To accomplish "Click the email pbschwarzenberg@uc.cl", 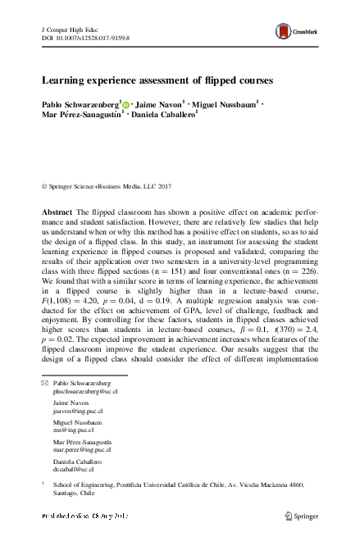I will coord(85,394).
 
